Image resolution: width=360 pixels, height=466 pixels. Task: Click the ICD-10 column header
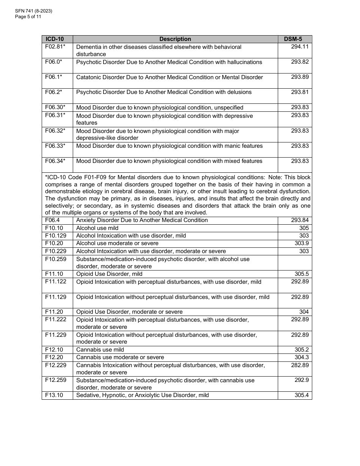pyautogui.click(x=55, y=39)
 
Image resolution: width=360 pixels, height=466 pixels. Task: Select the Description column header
pyautogui.click(x=175, y=39)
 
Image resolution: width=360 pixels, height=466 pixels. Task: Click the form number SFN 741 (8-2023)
pyautogui.click(x=34, y=11)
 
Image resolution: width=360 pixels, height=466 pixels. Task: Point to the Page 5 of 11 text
pyautogui.click(x=28, y=17)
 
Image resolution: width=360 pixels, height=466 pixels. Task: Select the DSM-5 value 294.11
pyautogui.click(x=300, y=47)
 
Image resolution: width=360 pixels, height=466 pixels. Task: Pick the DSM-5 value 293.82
pyautogui.click(x=300, y=62)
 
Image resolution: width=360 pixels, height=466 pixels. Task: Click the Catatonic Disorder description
pyautogui.click(x=169, y=77)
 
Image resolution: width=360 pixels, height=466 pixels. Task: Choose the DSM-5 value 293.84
pyautogui.click(x=300, y=220)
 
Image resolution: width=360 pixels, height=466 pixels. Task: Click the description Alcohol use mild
pyautogui.click(x=97, y=228)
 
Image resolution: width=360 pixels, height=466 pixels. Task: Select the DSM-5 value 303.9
pyautogui.click(x=302, y=243)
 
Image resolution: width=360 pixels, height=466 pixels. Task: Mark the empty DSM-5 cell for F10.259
pyautogui.click(x=295, y=263)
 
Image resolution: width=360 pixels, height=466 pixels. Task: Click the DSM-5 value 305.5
pyautogui.click(x=302, y=274)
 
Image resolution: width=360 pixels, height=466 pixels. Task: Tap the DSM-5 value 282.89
pyautogui.click(x=300, y=365)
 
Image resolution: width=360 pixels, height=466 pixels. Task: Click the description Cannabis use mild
pyautogui.click(x=100, y=350)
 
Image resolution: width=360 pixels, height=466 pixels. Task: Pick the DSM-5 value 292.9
pyautogui.click(x=302, y=380)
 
